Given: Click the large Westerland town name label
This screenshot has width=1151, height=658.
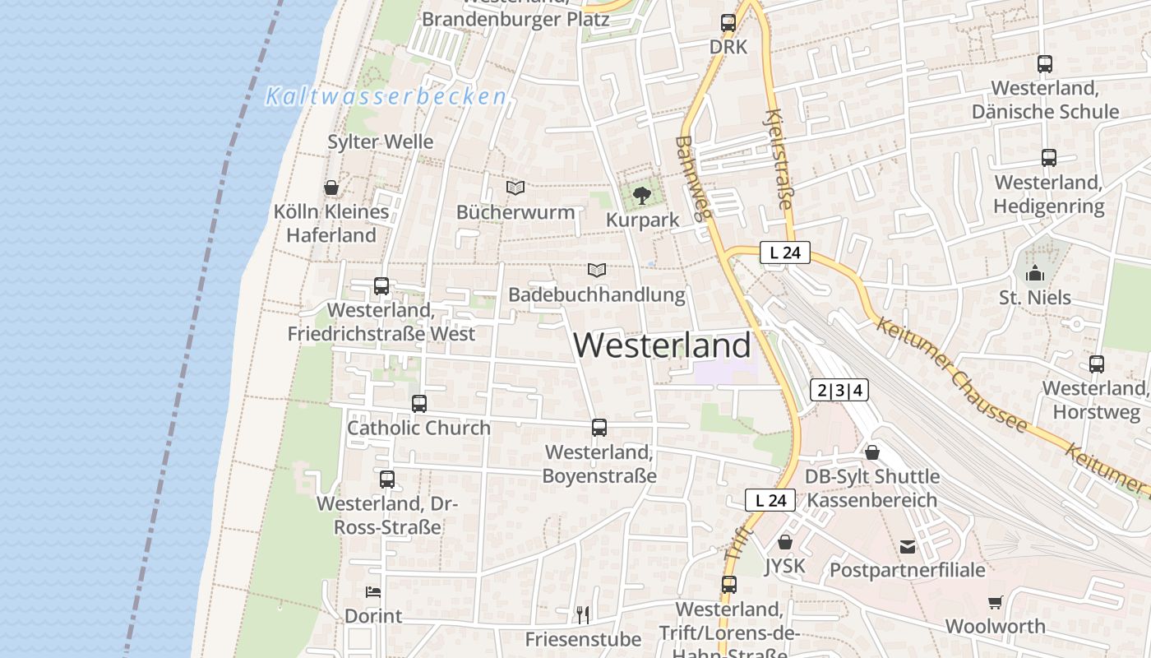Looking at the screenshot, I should point(663,345).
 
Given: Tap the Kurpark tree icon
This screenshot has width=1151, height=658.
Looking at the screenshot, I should point(642,196).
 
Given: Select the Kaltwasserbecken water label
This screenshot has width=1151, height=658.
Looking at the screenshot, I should point(386,96).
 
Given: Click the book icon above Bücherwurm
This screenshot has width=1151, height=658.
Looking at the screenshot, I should point(515,188).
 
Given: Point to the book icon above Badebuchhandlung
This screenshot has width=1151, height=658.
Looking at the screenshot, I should point(597,270).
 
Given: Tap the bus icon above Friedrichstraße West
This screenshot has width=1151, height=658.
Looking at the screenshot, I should point(381,286).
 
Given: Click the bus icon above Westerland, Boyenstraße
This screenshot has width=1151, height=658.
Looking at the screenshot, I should point(599,428).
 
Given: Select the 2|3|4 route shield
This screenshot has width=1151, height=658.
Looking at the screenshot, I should point(839,390).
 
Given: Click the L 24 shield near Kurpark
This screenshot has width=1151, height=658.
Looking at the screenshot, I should point(785,253).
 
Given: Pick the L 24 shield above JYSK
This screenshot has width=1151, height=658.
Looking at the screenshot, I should point(770,499).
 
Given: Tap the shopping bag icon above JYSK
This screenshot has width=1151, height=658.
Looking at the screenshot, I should point(785,542).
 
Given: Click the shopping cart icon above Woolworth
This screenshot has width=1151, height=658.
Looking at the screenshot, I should point(996,602).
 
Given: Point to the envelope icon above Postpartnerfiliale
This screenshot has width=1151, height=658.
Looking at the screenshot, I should point(908,546).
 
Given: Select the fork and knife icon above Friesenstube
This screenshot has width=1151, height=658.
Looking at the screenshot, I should point(583,614).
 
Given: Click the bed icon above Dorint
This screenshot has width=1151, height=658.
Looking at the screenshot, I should point(373,592).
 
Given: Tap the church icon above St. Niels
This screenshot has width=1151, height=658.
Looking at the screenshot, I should point(1035,273).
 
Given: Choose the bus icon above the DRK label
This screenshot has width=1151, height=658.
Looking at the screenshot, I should point(728,23).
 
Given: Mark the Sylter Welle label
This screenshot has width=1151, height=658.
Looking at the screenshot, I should point(381,141).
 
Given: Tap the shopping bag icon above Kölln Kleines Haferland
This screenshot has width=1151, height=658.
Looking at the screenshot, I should point(331,188).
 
